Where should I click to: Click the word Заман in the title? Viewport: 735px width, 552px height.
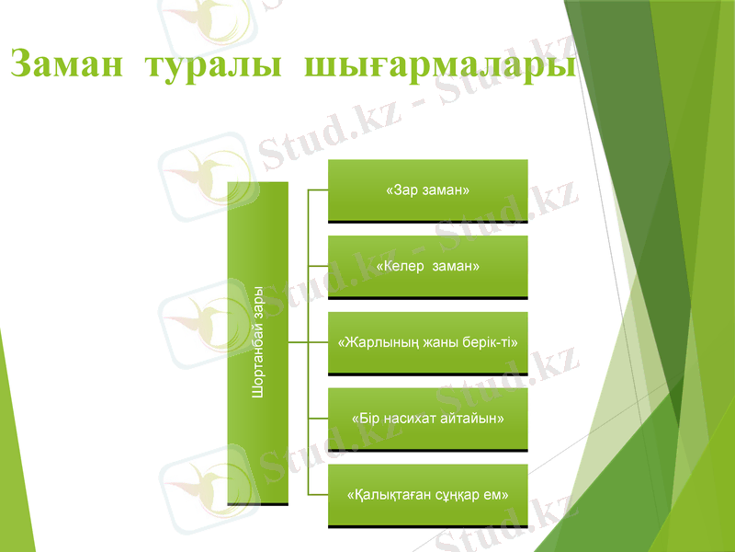[68, 65]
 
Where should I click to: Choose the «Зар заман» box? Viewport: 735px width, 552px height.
[428, 190]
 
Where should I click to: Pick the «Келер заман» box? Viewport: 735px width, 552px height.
[428, 267]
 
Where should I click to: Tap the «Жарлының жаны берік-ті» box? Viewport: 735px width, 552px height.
[428, 342]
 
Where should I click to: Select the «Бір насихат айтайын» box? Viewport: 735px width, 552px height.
[428, 419]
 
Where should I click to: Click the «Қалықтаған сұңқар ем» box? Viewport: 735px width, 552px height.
[428, 495]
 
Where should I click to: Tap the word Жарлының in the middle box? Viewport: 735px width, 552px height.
[379, 342]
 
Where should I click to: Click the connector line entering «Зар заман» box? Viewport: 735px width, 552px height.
[318, 190]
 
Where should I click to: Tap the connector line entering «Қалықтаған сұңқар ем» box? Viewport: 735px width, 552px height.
[318, 495]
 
